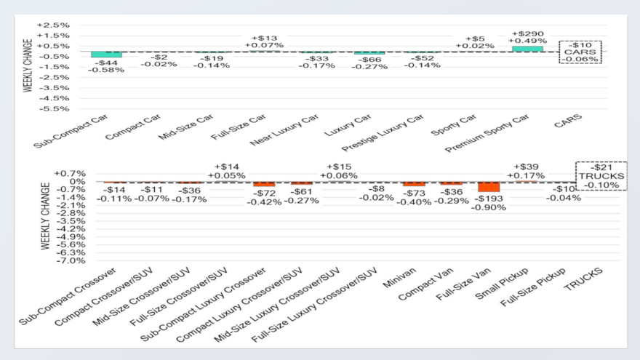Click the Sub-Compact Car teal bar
coord(106,55)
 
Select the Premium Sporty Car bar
coord(527,49)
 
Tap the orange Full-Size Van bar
coord(489,187)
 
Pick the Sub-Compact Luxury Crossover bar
coord(264,184)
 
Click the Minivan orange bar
coord(414,184)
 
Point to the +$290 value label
coord(527,33)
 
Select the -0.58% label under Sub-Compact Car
coord(106,70)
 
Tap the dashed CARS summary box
coord(580,52)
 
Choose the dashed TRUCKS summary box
coord(600,176)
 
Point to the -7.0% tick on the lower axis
coord(74,260)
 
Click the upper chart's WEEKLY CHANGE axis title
coord(28,65)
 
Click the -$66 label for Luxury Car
coord(369,58)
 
